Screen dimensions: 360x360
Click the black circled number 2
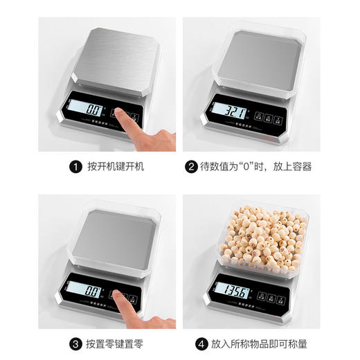click(190, 167)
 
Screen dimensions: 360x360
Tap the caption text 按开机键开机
click(116, 167)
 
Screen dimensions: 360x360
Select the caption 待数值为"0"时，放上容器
click(255, 167)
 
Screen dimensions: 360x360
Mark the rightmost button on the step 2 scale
click(283, 117)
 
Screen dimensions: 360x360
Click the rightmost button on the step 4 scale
click(283, 296)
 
